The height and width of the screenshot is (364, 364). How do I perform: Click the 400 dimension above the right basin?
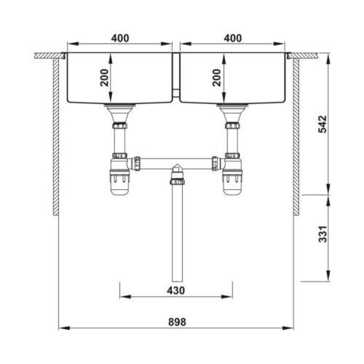coord(233,38)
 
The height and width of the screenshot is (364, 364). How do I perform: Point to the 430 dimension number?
coord(175,290)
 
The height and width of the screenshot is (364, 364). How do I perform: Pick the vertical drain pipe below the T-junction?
coord(175,233)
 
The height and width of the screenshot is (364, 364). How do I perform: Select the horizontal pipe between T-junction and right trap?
coord(200,161)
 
